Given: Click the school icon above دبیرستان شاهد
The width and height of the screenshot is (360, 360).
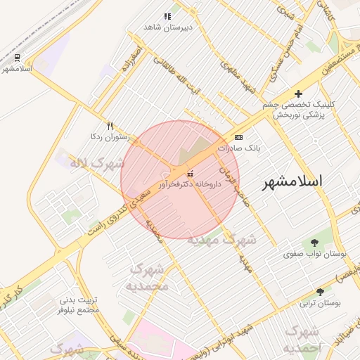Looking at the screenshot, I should tap(167, 15).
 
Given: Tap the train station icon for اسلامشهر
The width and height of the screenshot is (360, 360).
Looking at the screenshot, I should tap(17, 58).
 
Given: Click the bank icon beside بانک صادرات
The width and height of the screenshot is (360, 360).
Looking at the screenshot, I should tap(239, 137).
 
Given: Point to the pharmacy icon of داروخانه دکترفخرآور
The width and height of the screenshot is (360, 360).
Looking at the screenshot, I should tap(189, 173).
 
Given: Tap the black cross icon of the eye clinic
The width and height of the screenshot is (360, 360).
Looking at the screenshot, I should tap(298, 94).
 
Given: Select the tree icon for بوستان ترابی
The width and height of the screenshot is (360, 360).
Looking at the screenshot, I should tap(321, 291).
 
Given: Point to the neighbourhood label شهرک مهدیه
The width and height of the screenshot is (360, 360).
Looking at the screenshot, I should tap(221, 240).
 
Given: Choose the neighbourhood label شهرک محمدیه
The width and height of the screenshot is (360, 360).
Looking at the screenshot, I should tap(148, 278).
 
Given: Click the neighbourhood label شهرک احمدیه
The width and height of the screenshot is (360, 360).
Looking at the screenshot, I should tap(302, 340).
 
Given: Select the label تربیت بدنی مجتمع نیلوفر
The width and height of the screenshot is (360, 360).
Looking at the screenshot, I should tap(77, 304).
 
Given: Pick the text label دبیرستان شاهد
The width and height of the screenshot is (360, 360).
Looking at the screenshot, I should tap(167, 27).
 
